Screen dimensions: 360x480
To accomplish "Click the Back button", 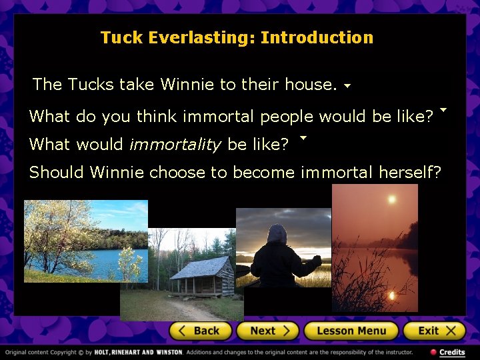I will pos(200,331).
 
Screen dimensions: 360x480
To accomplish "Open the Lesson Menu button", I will pos(351,331).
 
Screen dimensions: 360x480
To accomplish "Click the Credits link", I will pos(451,352).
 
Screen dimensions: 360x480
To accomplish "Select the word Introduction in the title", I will pos(317,37).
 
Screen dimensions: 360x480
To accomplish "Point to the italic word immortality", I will pos(175,144).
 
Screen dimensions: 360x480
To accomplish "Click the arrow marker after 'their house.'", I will pos(347,86).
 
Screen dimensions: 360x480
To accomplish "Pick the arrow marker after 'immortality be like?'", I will pos(303,138).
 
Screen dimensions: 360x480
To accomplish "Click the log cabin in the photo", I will pos(201,275).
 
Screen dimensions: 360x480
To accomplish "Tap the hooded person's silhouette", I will pos(277,257).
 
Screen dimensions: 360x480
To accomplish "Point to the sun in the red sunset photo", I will pos(391,199).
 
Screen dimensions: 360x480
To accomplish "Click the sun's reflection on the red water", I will pos(392,294).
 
